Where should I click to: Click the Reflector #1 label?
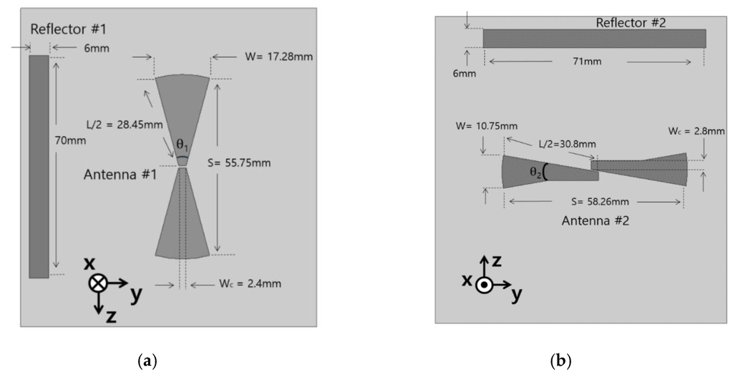(x=68, y=29)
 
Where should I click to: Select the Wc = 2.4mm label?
(x=251, y=284)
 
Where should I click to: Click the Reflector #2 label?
(x=631, y=22)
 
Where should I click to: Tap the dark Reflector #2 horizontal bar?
(x=594, y=38)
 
